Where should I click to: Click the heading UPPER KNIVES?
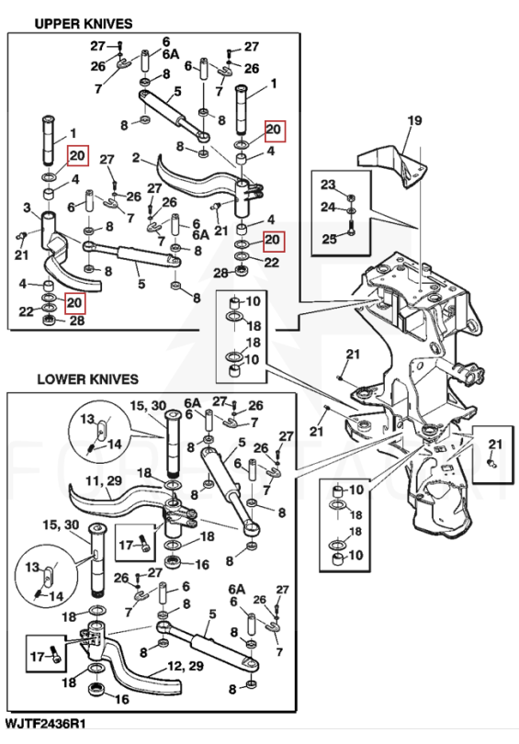[84, 23]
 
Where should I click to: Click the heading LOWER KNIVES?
[88, 379]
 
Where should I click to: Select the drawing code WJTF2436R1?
[46, 723]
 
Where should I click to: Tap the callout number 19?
[414, 120]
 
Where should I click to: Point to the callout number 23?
[328, 184]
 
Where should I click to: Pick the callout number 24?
[328, 207]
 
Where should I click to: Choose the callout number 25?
[329, 239]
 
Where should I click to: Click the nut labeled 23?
[351, 197]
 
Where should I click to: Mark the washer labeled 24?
[351, 210]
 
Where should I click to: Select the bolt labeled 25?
[351, 227]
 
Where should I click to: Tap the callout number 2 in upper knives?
[136, 158]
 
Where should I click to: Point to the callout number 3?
[27, 208]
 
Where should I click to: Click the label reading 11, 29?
[104, 480]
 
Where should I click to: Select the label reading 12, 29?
[185, 666]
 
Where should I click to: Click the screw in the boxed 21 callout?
[492, 462]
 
